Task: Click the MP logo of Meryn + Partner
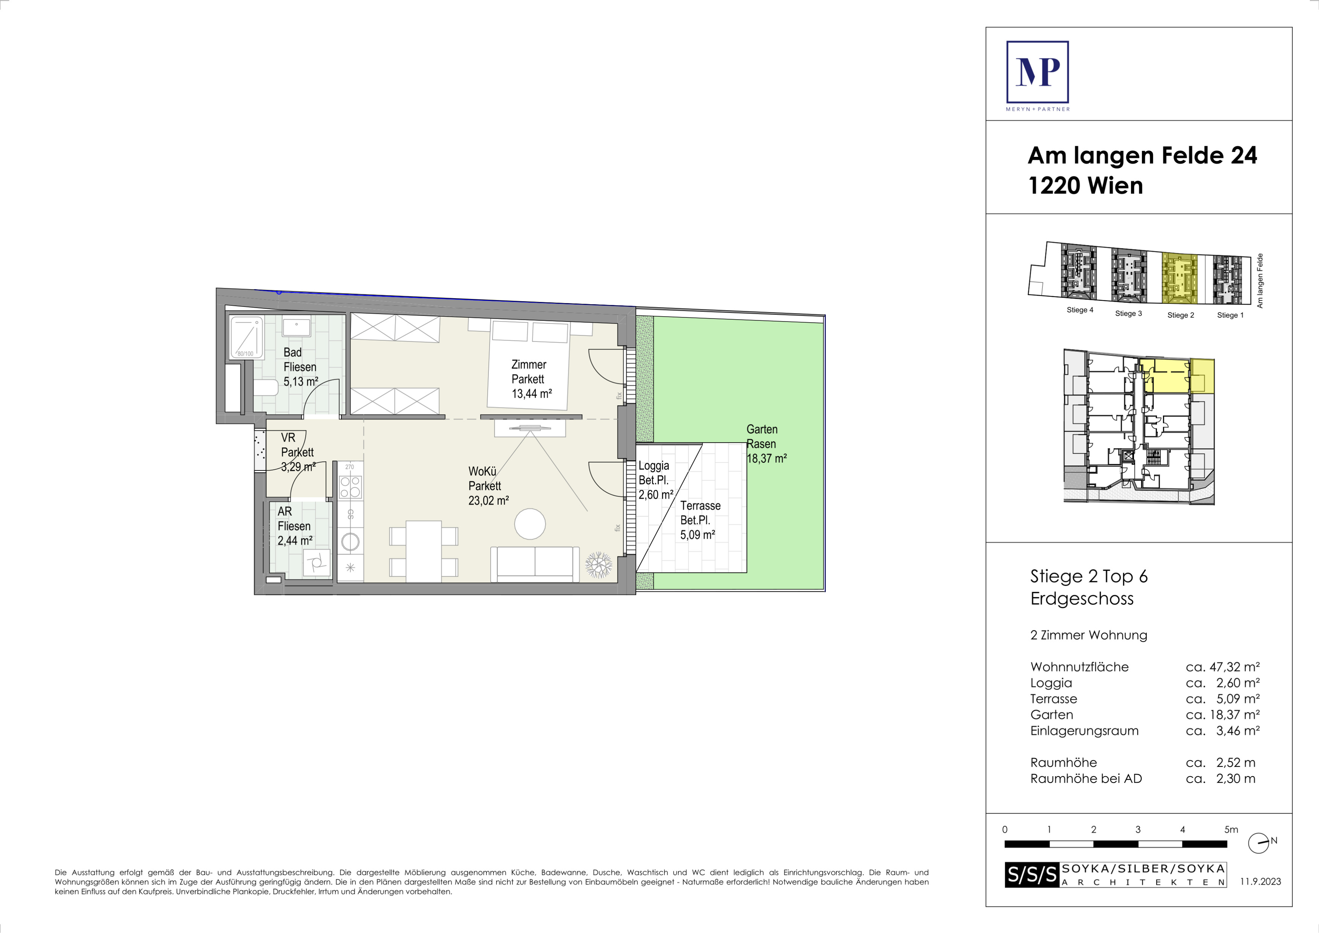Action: coord(1037,72)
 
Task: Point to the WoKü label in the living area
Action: coord(482,472)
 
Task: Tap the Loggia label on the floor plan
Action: coord(654,466)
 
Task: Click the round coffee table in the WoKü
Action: coord(529,524)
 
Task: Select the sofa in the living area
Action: coord(535,564)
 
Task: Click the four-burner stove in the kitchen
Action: coord(350,487)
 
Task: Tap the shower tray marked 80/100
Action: coord(246,337)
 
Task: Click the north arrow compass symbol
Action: coord(1259,843)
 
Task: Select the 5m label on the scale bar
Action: coord(1231,830)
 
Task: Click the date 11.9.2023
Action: coord(1261,882)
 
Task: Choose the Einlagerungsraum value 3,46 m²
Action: coord(1238,731)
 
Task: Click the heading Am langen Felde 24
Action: coord(1142,156)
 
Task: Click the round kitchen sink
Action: coord(350,541)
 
